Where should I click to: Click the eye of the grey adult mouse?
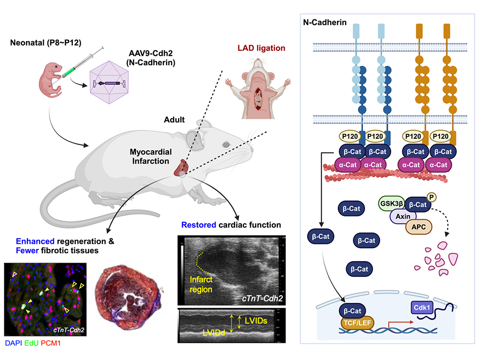click(225, 144)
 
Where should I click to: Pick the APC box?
click(419, 226)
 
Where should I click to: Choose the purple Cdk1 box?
click(422, 307)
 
